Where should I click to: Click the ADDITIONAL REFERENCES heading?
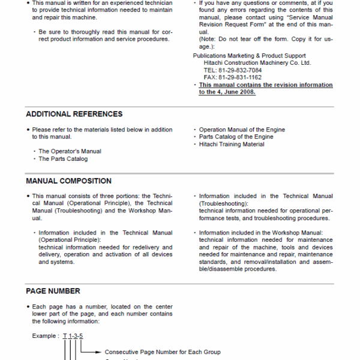pyautogui.click(x=74, y=114)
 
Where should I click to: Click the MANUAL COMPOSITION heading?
pyautogui.click(x=68, y=181)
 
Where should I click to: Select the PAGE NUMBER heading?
pyautogui.click(x=53, y=291)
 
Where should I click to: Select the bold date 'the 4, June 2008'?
pyautogui.click(x=227, y=92)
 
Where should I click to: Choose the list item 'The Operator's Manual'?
pyautogui.click(x=70, y=151)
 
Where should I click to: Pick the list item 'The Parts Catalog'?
pyautogui.click(x=63, y=159)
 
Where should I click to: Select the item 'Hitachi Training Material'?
pyautogui.click(x=232, y=145)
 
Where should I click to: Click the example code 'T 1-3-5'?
pyautogui.click(x=73, y=336)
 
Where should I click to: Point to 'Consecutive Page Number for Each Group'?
pyautogui.click(x=162, y=352)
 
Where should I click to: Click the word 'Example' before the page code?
pyautogui.click(x=44, y=336)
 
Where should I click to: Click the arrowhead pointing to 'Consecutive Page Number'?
pyautogui.click(x=100, y=352)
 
